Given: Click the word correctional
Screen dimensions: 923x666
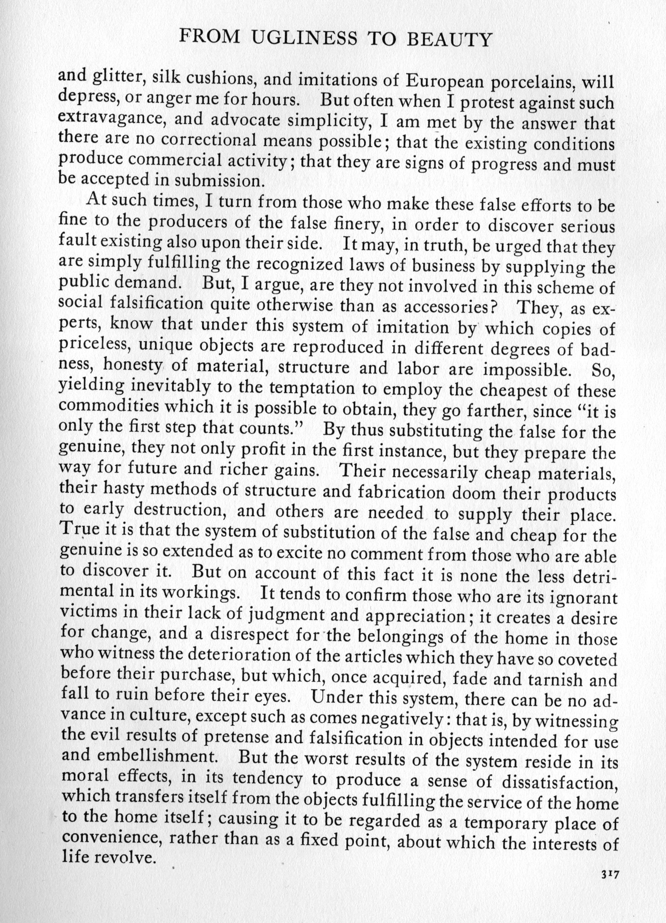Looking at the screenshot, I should coord(209,140).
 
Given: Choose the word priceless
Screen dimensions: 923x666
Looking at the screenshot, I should coord(94,347).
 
